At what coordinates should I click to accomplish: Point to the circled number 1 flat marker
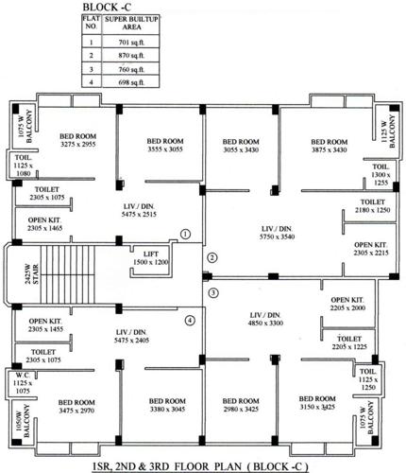186,233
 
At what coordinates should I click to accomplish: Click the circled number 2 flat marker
212,257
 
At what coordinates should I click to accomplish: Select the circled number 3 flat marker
212,292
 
